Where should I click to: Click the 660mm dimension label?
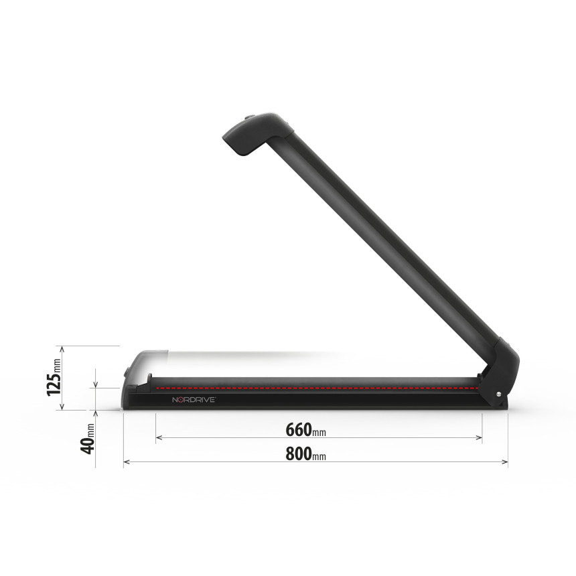pos(305,429)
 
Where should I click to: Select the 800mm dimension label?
pos(305,453)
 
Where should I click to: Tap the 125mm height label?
pos(54,377)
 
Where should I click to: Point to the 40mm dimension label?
pos(88,439)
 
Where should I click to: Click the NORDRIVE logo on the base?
pos(194,400)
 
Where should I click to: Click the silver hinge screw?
pos(498,394)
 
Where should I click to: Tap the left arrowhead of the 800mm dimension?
pos(127,461)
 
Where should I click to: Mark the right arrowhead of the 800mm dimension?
pos(505,461)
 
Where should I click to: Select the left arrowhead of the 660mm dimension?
pos(159,437)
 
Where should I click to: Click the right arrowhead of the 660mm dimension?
pos(479,437)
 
